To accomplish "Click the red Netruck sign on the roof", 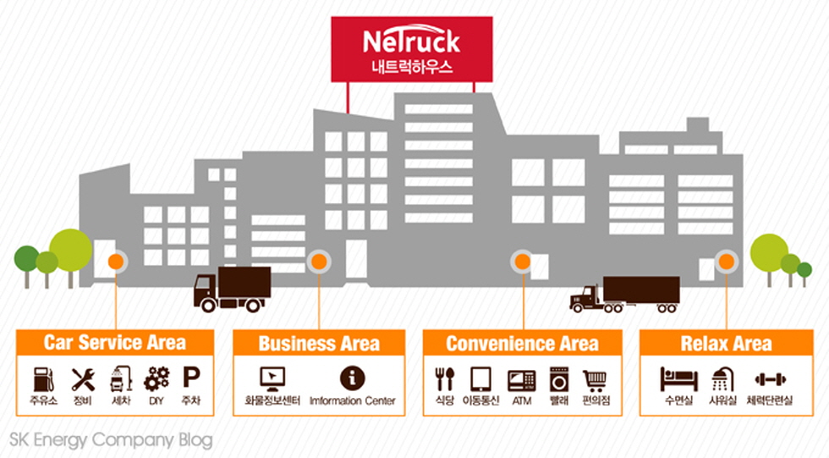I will click(x=411, y=49).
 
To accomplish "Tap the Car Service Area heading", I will click(x=115, y=343).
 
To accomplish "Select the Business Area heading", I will click(x=319, y=343).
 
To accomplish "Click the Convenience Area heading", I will click(x=522, y=343).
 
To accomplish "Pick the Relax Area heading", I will click(x=726, y=343).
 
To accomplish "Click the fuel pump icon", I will click(x=43, y=378).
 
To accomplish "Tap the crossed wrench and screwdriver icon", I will click(x=83, y=378).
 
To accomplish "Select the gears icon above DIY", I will click(x=156, y=378).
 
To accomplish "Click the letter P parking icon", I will click(x=191, y=378).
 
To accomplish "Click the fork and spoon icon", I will click(x=444, y=378).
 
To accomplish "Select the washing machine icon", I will click(x=559, y=378).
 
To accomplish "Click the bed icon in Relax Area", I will click(x=678, y=378).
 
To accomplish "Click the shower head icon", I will click(x=722, y=378).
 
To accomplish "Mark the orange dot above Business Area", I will click(x=319, y=261).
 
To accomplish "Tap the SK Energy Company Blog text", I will click(x=111, y=440).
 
